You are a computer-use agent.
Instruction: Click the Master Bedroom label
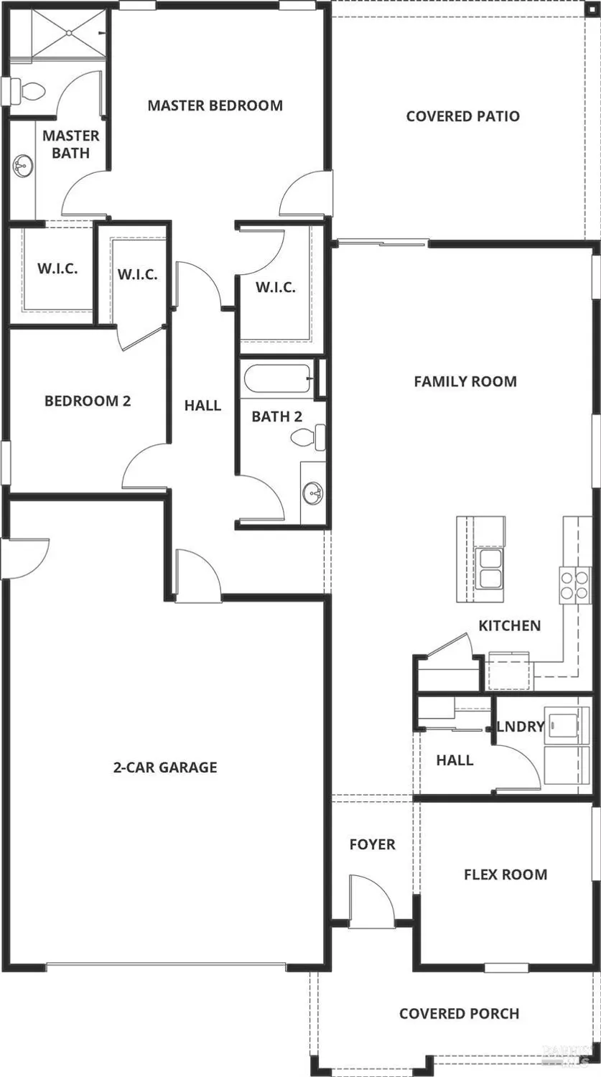click(215, 106)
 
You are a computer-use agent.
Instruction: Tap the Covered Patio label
click(462, 116)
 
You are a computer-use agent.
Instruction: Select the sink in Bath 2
click(312, 493)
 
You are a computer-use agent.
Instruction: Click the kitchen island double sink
click(490, 577)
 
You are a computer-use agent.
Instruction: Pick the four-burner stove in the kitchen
click(574, 583)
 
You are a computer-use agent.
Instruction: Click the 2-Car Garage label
click(165, 768)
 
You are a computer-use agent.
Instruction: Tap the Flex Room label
click(506, 875)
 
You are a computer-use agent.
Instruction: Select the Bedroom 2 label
click(88, 401)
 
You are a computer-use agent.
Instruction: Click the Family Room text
click(465, 381)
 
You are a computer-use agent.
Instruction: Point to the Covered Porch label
click(459, 1014)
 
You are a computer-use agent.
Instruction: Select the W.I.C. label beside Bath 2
click(275, 287)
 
